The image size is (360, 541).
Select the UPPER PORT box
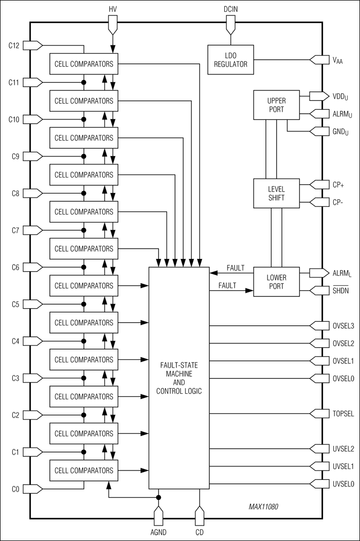point(276,104)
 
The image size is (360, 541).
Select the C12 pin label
point(14,45)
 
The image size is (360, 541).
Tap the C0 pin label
point(15,488)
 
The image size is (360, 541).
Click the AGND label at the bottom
point(158,533)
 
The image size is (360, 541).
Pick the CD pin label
point(199,533)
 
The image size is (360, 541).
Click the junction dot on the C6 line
point(83,267)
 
